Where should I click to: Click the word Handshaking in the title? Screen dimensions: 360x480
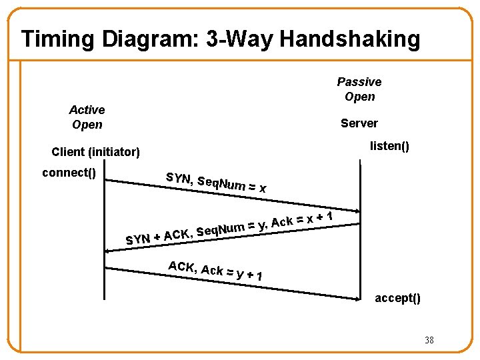click(x=350, y=39)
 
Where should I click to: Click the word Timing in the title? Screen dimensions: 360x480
click(x=58, y=39)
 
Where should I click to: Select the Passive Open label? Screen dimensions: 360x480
click(x=359, y=89)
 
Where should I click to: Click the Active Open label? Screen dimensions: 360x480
click(x=87, y=117)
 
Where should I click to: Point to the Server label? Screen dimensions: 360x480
click(x=359, y=123)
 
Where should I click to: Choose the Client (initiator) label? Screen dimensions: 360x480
click(x=96, y=152)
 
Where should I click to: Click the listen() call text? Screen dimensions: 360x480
click(x=389, y=145)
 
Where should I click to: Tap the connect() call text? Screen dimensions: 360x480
click(x=69, y=173)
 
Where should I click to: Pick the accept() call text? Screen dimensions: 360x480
click(x=397, y=298)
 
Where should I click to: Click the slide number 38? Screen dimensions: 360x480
click(x=429, y=341)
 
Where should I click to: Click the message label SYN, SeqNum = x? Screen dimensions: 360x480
click(x=216, y=183)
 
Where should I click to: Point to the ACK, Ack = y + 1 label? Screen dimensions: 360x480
click(x=215, y=271)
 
